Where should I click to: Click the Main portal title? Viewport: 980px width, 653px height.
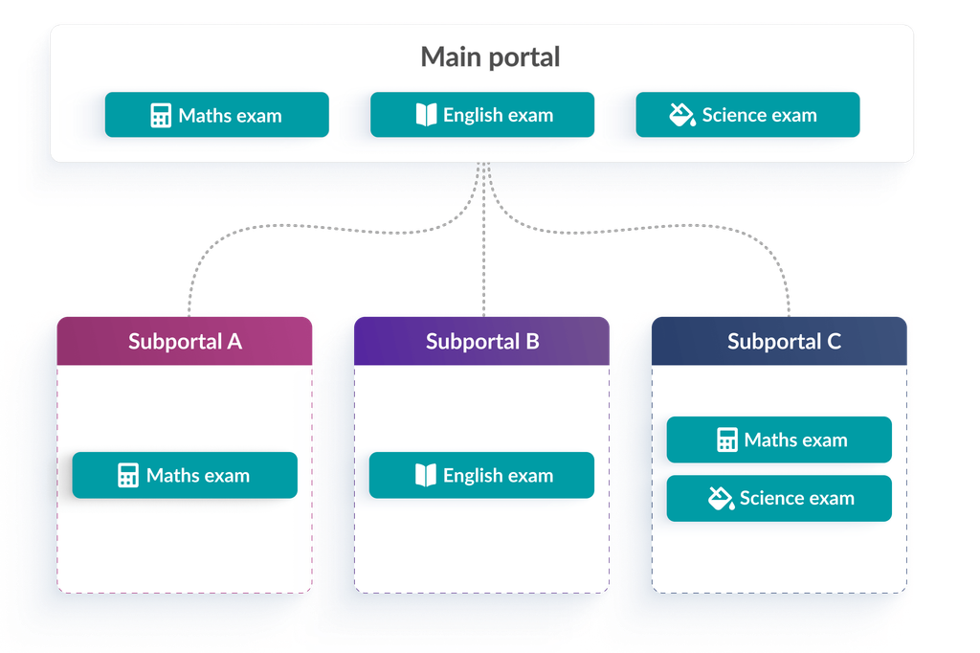point(490,56)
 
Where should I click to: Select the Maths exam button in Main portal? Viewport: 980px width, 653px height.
point(217,115)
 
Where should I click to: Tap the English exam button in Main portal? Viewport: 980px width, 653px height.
point(482,115)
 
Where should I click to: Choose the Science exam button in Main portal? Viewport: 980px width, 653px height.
point(747,115)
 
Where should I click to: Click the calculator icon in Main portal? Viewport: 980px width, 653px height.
point(161,116)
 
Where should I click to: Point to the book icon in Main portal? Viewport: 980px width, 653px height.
point(426,115)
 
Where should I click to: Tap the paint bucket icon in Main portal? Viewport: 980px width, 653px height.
point(682,115)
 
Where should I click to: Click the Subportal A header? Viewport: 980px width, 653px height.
point(185,341)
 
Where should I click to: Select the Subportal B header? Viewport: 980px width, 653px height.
point(482,341)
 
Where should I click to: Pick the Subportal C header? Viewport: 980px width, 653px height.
point(779,341)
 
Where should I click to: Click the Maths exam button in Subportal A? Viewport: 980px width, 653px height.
point(185,475)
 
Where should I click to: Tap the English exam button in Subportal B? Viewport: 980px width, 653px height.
point(482,475)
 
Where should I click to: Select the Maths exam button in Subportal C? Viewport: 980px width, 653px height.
point(779,439)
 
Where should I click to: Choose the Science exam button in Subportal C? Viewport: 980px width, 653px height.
point(779,499)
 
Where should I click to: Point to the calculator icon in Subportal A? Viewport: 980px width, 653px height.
point(128,475)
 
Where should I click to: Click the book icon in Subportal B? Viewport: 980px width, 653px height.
point(426,475)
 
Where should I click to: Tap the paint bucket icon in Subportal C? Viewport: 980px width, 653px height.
point(722,499)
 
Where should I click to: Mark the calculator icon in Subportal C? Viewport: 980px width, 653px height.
point(727,439)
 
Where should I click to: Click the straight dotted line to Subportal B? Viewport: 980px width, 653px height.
point(483,239)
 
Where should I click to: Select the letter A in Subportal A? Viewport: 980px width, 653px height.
point(234,342)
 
